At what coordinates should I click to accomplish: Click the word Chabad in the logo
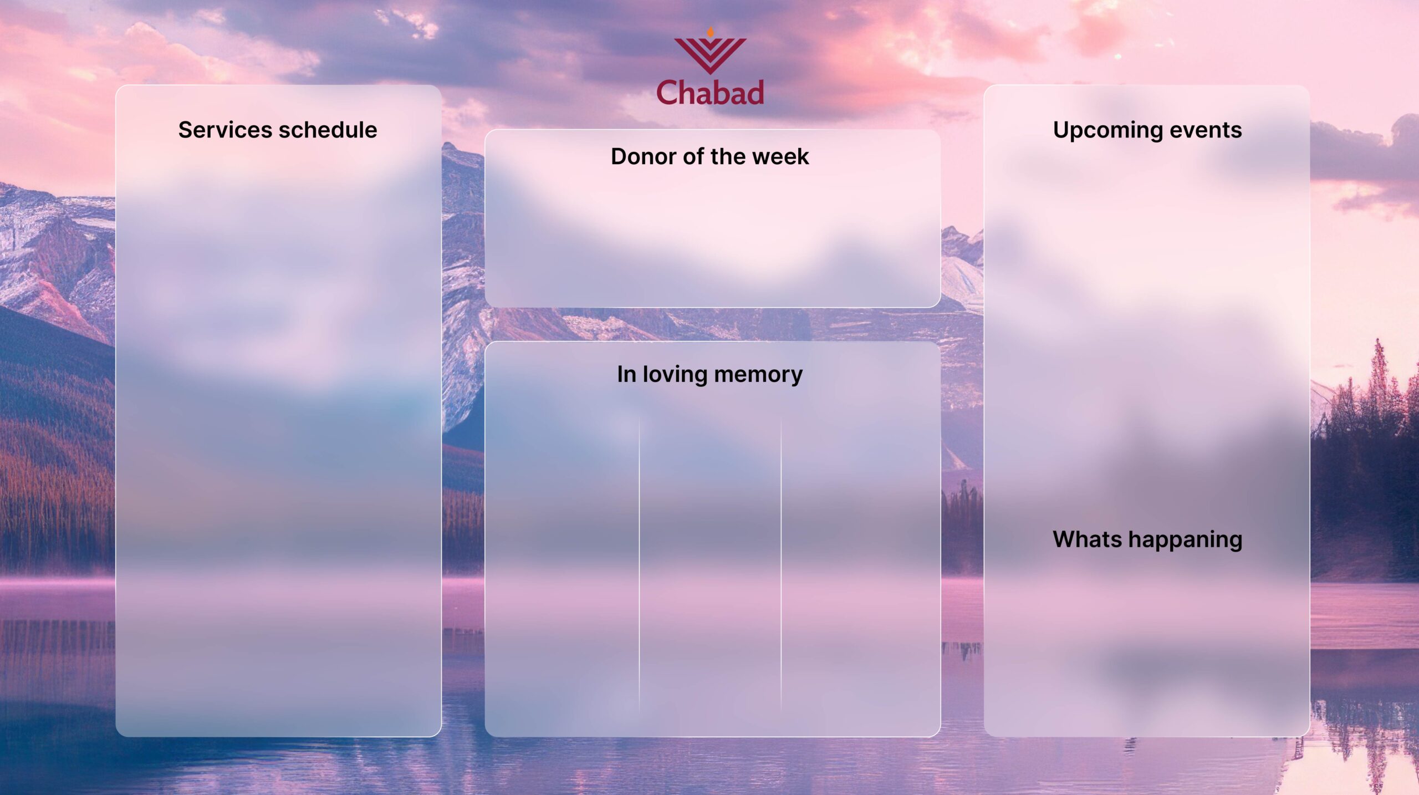pyautogui.click(x=710, y=93)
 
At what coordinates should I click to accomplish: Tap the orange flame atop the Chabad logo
pyautogui.click(x=710, y=32)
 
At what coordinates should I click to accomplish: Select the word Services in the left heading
pyautogui.click(x=225, y=130)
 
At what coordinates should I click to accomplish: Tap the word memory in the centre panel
pyautogui.click(x=758, y=375)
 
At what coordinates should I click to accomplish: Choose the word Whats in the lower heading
pyautogui.click(x=1086, y=539)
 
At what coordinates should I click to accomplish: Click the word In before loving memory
pyautogui.click(x=626, y=374)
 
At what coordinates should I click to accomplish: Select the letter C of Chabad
pyautogui.click(x=667, y=92)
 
